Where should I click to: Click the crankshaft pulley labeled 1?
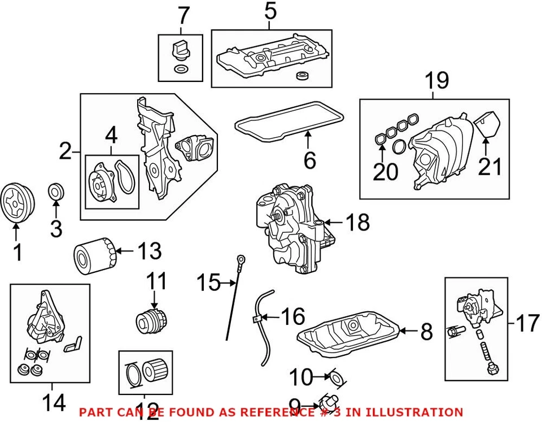pyautogui.click(x=17, y=202)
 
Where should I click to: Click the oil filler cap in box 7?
pyautogui.click(x=180, y=50)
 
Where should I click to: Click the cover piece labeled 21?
pyautogui.click(x=487, y=125)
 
